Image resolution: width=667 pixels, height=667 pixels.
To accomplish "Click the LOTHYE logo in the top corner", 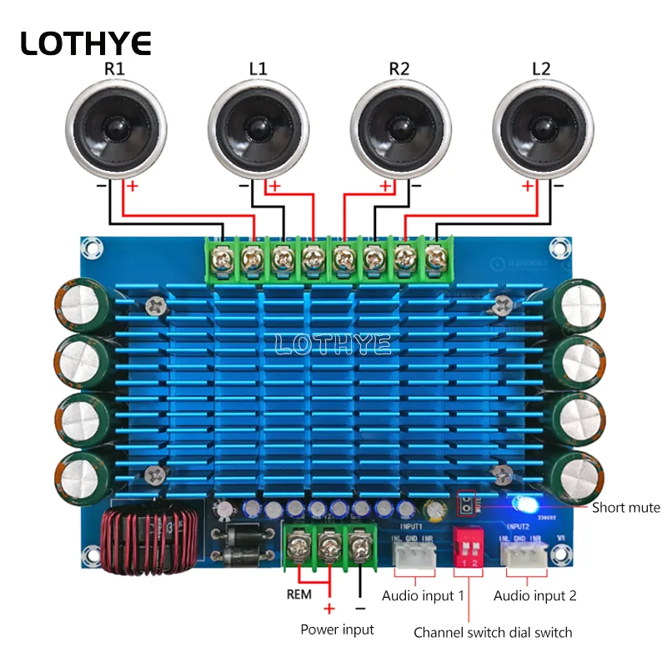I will (86, 43).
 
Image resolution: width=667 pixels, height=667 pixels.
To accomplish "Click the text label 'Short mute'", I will (625, 508).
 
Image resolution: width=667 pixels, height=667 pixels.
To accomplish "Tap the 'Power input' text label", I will (337, 629).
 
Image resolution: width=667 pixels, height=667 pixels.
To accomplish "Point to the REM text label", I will (299, 595).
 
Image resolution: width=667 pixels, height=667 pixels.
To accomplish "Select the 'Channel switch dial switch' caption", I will (493, 633).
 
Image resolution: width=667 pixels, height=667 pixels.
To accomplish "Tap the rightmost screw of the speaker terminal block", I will (434, 261).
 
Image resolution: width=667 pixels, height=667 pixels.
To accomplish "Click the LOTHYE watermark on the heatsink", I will (333, 344).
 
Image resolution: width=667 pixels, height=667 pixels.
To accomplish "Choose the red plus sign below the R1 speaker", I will (131, 187).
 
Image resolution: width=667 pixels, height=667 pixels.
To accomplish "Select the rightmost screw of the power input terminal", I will (359, 549).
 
